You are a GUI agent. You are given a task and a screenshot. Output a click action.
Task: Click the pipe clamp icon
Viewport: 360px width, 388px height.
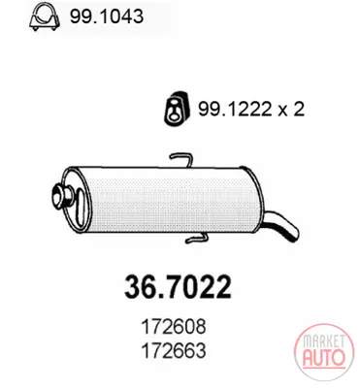[45, 16]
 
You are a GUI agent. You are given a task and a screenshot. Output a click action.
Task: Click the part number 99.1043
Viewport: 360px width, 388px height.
[107, 16]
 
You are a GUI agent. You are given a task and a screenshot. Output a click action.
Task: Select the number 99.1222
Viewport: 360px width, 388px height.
[234, 109]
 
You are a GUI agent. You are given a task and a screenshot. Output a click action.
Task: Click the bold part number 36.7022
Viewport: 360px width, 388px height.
[178, 287]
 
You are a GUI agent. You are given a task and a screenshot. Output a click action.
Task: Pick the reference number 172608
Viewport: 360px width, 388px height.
[174, 327]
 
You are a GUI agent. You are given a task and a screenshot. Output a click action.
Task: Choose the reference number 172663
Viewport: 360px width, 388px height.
[174, 350]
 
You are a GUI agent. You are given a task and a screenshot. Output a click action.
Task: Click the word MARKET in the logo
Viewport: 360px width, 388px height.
[323, 341]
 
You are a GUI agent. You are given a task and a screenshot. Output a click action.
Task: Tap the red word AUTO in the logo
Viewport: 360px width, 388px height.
[324, 357]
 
